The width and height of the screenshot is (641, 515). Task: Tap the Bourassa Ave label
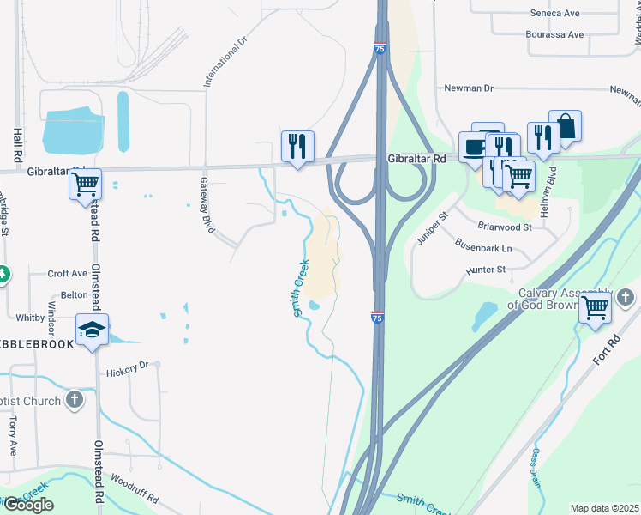tap(554, 34)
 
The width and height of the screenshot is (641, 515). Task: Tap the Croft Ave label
tap(68, 273)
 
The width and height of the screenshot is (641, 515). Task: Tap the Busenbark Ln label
tap(482, 248)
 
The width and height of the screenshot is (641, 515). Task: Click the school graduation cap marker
tap(93, 328)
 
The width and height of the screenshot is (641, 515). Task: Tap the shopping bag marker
tap(565, 127)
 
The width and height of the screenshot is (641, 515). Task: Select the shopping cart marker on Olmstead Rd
tap(85, 183)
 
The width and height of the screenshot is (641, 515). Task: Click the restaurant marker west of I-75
tap(297, 145)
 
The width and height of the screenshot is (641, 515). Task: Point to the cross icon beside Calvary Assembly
tap(626, 298)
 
